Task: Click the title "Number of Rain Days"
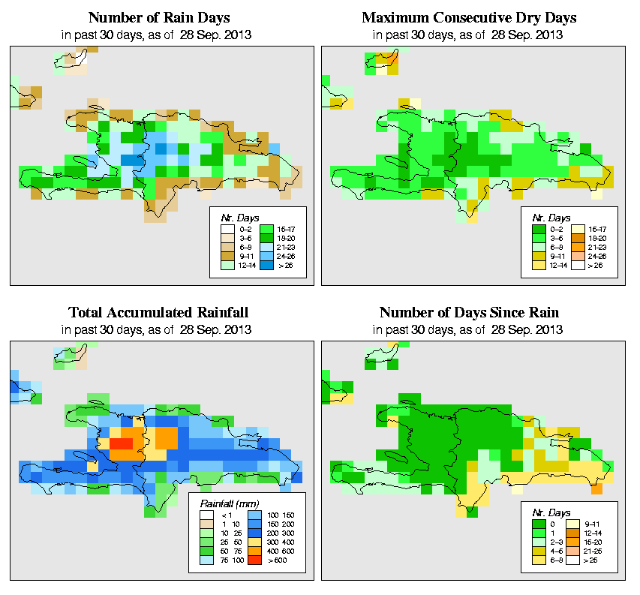pyautogui.click(x=158, y=17)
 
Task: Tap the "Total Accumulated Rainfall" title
pyautogui.click(x=158, y=312)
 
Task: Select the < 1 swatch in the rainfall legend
pyautogui.click(x=206, y=516)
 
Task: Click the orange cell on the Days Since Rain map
pyautogui.click(x=596, y=489)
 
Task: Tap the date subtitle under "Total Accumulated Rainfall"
pyautogui.click(x=158, y=329)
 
